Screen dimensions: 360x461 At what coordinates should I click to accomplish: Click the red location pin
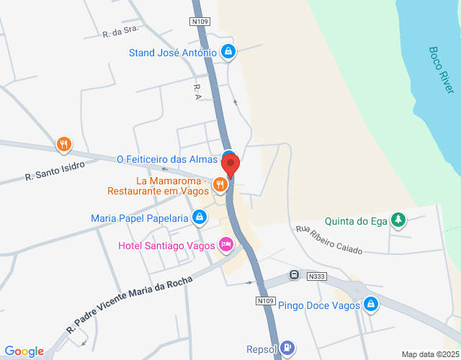click(230, 165)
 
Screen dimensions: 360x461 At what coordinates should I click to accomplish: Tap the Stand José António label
click(172, 53)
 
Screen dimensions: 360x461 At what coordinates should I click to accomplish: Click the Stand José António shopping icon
click(228, 52)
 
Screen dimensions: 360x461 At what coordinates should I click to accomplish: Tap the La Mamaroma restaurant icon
click(220, 186)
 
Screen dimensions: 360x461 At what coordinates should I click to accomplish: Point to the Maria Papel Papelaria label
click(139, 218)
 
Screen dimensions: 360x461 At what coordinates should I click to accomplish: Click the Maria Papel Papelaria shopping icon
click(200, 217)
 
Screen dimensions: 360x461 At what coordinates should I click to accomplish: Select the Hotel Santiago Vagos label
click(166, 246)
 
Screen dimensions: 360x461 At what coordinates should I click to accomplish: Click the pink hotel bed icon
click(226, 246)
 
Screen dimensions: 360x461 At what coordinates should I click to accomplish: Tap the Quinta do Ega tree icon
click(398, 220)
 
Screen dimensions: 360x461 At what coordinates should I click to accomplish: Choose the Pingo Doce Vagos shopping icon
click(371, 304)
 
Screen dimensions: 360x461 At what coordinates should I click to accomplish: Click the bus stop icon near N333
click(294, 274)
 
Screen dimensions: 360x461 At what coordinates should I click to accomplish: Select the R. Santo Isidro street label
click(55, 171)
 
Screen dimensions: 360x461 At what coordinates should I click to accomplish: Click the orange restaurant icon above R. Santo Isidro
click(64, 145)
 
